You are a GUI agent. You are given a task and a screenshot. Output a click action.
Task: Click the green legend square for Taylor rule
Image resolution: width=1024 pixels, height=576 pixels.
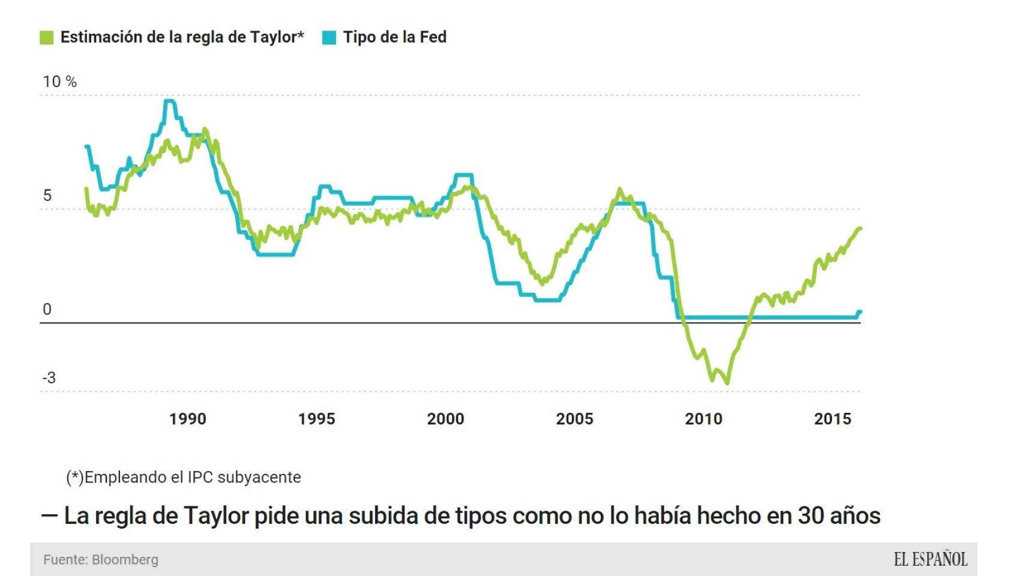[x=46, y=38]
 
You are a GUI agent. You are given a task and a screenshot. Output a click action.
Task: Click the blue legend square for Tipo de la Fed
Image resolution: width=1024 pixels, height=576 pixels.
[x=329, y=38]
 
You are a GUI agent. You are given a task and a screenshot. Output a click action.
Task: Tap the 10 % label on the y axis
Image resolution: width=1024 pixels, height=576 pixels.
[x=59, y=82]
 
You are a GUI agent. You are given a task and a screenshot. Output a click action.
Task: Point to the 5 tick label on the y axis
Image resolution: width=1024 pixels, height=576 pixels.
[x=47, y=196]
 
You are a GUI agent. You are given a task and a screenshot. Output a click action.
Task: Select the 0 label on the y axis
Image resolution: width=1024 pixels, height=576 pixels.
[x=47, y=310]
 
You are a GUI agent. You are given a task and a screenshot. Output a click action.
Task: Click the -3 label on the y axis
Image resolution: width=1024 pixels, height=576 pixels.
[x=49, y=378]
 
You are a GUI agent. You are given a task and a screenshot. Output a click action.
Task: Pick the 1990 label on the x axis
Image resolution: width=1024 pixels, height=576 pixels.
[x=187, y=419]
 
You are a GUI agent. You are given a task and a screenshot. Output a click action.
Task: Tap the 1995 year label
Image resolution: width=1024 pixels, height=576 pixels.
[x=316, y=419]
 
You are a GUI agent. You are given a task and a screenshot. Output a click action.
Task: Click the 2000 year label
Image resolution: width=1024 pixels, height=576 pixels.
[x=445, y=419]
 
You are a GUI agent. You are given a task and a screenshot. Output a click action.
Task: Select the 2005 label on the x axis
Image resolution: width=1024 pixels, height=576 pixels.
[x=574, y=419]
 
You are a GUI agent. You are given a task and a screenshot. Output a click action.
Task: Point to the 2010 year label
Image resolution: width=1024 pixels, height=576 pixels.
[x=703, y=419]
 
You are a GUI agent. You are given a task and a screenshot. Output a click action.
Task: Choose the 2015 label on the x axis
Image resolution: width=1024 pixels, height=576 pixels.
[x=833, y=419]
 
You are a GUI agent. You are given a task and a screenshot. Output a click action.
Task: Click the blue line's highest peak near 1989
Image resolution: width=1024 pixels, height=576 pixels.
[x=169, y=101]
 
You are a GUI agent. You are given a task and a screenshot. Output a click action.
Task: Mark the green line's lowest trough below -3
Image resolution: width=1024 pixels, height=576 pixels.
[x=727, y=382]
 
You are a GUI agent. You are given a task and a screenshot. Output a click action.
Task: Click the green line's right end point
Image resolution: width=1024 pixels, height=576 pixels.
[x=860, y=229]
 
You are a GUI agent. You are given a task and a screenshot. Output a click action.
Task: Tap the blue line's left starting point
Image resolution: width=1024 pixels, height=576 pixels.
[x=87, y=146]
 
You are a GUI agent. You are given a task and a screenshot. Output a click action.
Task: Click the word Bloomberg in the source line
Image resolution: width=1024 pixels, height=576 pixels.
[x=125, y=560]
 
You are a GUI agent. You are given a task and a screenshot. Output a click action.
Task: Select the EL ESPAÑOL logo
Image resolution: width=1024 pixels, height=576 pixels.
[x=930, y=560]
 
